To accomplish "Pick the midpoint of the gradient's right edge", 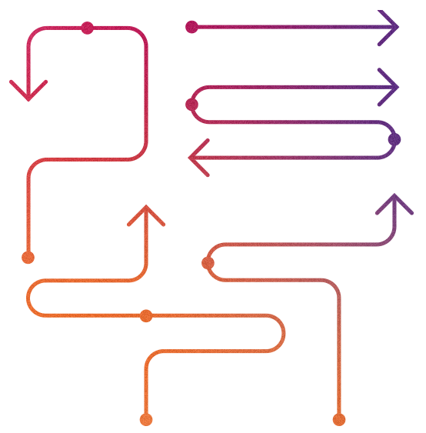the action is pyautogui.click(x=414, y=218).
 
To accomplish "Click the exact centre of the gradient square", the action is pyautogui.click(x=211, y=218).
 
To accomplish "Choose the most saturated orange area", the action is pyautogui.click(x=69, y=338).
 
